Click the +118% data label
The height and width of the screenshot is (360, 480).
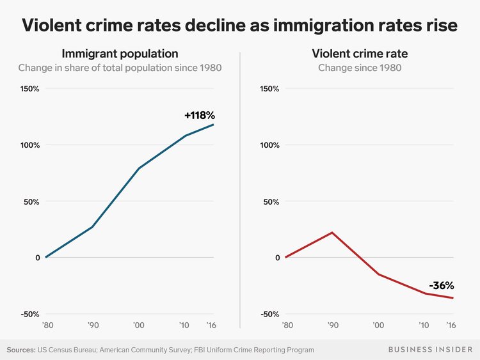click(x=199, y=116)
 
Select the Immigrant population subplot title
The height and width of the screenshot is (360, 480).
click(x=120, y=53)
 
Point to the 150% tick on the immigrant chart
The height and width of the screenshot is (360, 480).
click(x=29, y=88)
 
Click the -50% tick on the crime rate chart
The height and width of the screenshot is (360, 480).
click(x=269, y=314)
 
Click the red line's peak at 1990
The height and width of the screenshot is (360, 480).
click(x=332, y=232)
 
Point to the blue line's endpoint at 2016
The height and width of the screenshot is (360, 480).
click(x=214, y=124)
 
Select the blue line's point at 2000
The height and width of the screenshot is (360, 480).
click(x=138, y=168)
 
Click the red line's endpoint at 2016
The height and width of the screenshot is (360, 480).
click(x=454, y=298)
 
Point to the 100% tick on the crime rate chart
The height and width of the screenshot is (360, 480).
click(x=269, y=145)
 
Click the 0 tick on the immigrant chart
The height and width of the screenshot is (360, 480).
click(x=37, y=258)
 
